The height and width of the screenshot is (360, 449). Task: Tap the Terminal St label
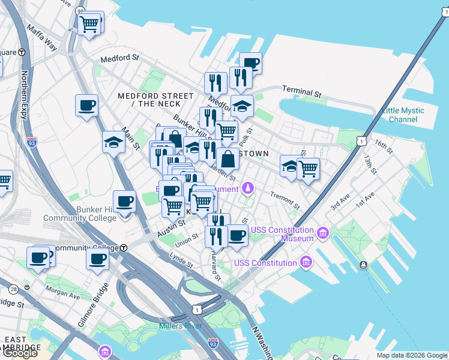[302, 93]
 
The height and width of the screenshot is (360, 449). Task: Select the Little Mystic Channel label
[403, 115]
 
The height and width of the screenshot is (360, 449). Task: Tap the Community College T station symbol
[124, 248]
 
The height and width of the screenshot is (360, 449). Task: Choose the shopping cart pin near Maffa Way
[89, 24]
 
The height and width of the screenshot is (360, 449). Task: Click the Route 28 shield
[13, 290]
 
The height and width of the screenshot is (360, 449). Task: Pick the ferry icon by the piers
[363, 265]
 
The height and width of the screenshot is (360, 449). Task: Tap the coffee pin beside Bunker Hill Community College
[124, 202]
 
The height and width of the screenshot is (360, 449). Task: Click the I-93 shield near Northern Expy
[32, 143]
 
